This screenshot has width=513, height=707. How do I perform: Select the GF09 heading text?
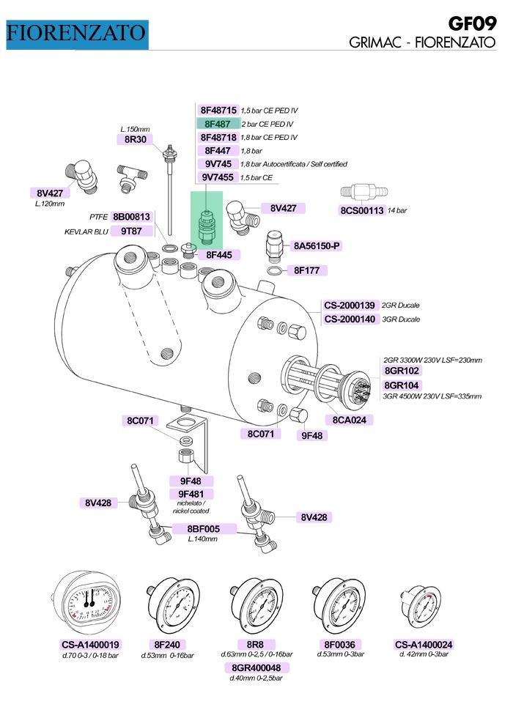tap(473, 23)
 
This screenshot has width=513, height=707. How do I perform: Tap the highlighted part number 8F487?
tap(218, 124)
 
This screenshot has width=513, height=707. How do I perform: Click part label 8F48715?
tap(218, 111)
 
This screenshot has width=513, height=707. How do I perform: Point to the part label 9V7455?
tap(218, 177)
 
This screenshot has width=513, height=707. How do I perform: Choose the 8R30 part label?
tap(136, 140)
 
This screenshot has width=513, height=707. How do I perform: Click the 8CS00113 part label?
tap(362, 210)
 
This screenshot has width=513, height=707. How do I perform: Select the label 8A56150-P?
tap(317, 246)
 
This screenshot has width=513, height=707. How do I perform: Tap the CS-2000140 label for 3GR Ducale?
tap(350, 319)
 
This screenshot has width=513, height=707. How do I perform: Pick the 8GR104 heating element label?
tap(401, 385)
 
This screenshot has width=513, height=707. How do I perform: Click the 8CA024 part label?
tap(350, 421)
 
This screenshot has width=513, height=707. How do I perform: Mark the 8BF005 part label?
tap(203, 529)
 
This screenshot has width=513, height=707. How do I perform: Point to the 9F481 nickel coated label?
tap(191, 495)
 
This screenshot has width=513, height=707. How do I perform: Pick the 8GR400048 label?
tap(256, 667)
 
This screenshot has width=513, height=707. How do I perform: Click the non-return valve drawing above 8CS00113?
tap(363, 192)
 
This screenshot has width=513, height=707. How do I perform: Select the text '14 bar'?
tap(397, 210)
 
